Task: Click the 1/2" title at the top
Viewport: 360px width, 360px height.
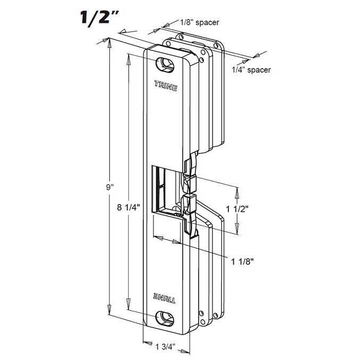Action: click(x=97, y=17)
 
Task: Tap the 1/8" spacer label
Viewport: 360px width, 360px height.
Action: click(x=200, y=22)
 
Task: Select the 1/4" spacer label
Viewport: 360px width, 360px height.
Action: click(x=251, y=70)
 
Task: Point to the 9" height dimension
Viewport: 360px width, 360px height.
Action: click(x=110, y=187)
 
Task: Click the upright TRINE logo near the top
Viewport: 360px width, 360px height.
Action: click(x=166, y=84)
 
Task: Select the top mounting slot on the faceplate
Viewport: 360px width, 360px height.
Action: click(x=166, y=64)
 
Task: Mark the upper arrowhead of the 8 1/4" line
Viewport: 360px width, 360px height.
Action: click(x=128, y=57)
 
